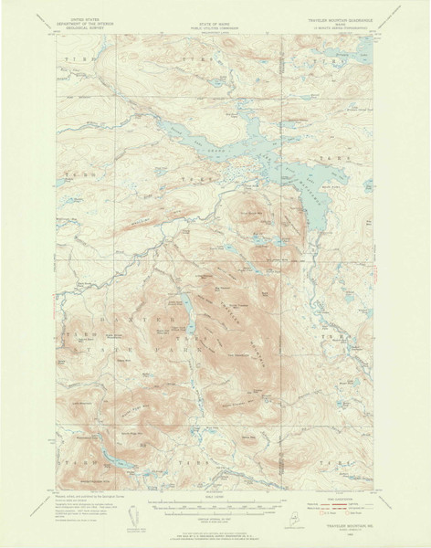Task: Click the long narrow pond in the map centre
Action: [184, 313]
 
